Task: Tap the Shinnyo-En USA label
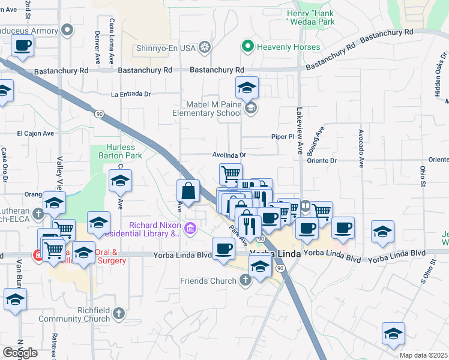(x=172, y=47)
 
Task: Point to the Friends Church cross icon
(x=245, y=280)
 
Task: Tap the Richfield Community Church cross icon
(x=119, y=313)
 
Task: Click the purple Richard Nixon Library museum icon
(x=190, y=228)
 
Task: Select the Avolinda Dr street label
(x=229, y=154)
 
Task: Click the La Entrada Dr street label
(x=130, y=94)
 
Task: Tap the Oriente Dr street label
(x=322, y=160)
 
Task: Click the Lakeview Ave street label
(x=300, y=131)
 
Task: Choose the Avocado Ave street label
(x=361, y=147)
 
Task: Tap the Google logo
(x=20, y=352)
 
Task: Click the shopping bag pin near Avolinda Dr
(x=188, y=192)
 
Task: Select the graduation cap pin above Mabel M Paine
(x=247, y=88)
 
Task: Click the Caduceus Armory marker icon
(x=68, y=29)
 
